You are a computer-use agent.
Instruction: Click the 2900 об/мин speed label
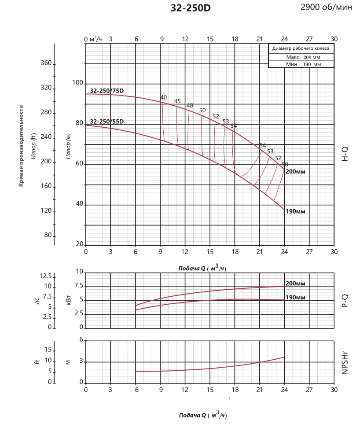pyautogui.click(x=327, y=7)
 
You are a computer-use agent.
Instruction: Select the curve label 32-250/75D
pyautogui.click(x=107, y=91)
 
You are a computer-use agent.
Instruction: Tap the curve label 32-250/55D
pyautogui.click(x=107, y=121)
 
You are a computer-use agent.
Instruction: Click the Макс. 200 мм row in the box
pyautogui.click(x=301, y=57)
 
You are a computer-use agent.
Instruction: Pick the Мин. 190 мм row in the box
pyautogui.click(x=301, y=64)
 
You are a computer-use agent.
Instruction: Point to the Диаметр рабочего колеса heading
pyautogui.click(x=301, y=49)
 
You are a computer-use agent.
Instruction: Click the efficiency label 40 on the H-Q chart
pyautogui.click(x=164, y=97)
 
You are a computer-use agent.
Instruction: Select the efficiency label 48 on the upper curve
pyautogui.click(x=190, y=106)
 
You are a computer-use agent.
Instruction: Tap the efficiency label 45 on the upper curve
pyautogui.click(x=177, y=101)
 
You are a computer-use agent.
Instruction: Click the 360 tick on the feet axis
pyautogui.click(x=46, y=64)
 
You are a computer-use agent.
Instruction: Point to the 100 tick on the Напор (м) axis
pyautogui.click(x=77, y=83)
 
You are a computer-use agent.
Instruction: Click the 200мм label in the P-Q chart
pyautogui.click(x=295, y=283)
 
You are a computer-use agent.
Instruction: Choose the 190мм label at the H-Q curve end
pyautogui.click(x=295, y=211)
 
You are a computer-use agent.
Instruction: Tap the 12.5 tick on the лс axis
pyautogui.click(x=46, y=276)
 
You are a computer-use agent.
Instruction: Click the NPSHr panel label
pyautogui.click(x=345, y=362)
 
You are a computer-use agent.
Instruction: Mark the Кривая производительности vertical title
pyautogui.click(x=21, y=146)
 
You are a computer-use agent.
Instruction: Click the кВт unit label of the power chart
pyautogui.click(x=68, y=300)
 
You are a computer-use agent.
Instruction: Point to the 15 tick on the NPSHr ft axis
pyautogui.click(x=48, y=350)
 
